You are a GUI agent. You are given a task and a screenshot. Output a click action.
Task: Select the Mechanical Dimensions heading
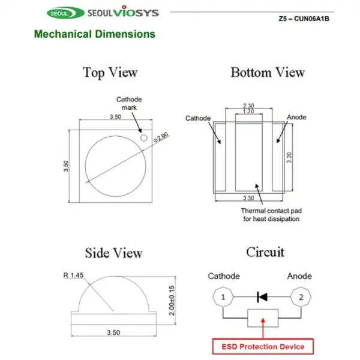(94, 34)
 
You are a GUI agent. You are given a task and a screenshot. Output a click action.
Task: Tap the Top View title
(110, 73)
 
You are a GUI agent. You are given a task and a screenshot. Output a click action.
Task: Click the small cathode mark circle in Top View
(144, 137)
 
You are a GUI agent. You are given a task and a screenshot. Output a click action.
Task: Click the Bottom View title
(268, 73)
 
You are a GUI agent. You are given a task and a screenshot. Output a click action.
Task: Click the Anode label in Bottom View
(297, 117)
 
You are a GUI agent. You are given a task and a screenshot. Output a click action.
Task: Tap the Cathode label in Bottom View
(198, 118)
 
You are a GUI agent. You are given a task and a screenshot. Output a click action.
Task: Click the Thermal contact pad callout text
(270, 215)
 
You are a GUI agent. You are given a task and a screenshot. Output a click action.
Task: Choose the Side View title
(113, 253)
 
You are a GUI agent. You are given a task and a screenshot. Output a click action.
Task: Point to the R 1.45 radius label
(74, 276)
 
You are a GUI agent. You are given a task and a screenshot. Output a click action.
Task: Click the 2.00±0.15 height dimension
(172, 300)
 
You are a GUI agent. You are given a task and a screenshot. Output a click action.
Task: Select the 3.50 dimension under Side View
(113, 332)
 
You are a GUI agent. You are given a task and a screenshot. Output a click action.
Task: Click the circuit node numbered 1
(223, 297)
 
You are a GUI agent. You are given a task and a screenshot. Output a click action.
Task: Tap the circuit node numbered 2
(301, 297)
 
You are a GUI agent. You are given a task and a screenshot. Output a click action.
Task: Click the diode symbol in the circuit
(262, 296)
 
